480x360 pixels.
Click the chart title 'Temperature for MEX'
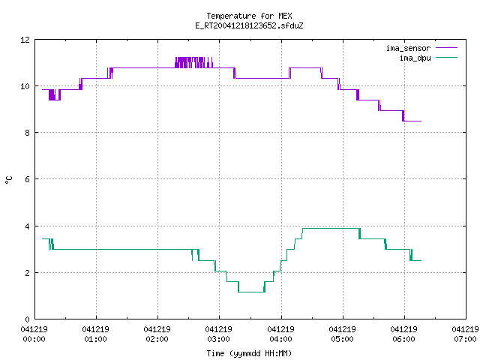[x=249, y=16]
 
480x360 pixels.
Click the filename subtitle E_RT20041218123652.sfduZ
[x=249, y=25]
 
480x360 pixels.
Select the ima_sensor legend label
[x=408, y=48]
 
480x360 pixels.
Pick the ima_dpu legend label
[x=415, y=58]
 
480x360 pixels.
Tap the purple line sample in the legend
[x=446, y=48]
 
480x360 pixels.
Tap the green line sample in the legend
[x=446, y=57]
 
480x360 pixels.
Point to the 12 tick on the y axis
[x=25, y=40]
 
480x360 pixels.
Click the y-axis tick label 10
[x=25, y=86]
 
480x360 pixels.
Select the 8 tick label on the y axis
[x=28, y=133]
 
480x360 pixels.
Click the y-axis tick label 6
[x=28, y=179]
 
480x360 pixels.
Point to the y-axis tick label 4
[x=28, y=226]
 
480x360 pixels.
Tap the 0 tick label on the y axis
[x=28, y=319]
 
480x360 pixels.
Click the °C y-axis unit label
[x=9, y=180]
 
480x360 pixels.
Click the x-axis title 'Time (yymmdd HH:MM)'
[x=249, y=353]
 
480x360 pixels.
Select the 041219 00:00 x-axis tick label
[x=34, y=334]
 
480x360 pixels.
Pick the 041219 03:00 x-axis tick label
[x=218, y=334]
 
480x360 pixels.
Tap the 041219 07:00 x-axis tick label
[x=465, y=334]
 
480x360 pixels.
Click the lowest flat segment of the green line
[x=251, y=292]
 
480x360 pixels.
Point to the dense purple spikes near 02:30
[x=193, y=62]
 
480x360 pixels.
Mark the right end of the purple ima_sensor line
[x=421, y=121]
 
